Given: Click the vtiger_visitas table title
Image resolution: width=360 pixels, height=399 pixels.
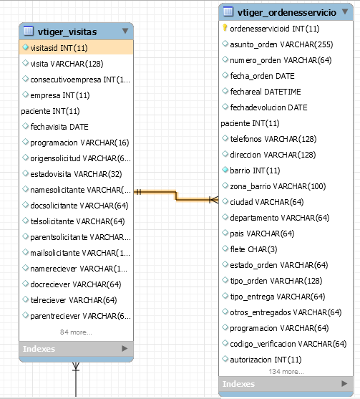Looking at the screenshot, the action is pyautogui.click(x=67, y=32).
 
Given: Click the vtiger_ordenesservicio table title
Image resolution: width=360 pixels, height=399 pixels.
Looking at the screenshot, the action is pyautogui.click(x=287, y=12).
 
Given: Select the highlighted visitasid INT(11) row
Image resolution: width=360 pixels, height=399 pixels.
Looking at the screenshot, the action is pyautogui.click(x=76, y=47).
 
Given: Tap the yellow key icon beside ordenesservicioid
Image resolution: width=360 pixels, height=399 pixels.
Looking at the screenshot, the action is pyautogui.click(x=225, y=28).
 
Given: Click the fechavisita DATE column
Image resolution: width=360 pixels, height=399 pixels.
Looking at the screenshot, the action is pyautogui.click(x=59, y=127).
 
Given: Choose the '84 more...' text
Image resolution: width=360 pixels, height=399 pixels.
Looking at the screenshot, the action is pyautogui.click(x=76, y=332).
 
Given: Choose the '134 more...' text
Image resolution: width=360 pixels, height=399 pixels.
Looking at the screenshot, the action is pyautogui.click(x=286, y=372).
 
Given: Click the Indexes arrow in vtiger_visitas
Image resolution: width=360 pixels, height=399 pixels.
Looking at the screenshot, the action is pyautogui.click(x=125, y=348).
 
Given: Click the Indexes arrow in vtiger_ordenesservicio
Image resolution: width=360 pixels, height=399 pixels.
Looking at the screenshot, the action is pyautogui.click(x=344, y=383).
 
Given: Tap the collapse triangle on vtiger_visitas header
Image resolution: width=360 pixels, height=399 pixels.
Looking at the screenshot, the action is pyautogui.click(x=125, y=31).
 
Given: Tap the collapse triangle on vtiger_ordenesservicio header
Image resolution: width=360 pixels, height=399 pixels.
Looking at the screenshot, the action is pyautogui.click(x=345, y=11).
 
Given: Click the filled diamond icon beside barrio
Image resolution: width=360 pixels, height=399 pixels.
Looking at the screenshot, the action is pyautogui.click(x=225, y=170).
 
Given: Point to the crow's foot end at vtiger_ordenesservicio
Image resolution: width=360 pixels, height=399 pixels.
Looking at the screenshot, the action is pyautogui.click(x=214, y=200).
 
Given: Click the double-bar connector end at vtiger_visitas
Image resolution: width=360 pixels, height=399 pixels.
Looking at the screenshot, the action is pyautogui.click(x=138, y=192).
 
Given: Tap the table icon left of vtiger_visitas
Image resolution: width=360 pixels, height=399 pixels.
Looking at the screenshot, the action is pyautogui.click(x=29, y=31).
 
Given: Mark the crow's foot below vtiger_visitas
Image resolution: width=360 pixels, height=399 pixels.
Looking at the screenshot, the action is pyautogui.click(x=76, y=367).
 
